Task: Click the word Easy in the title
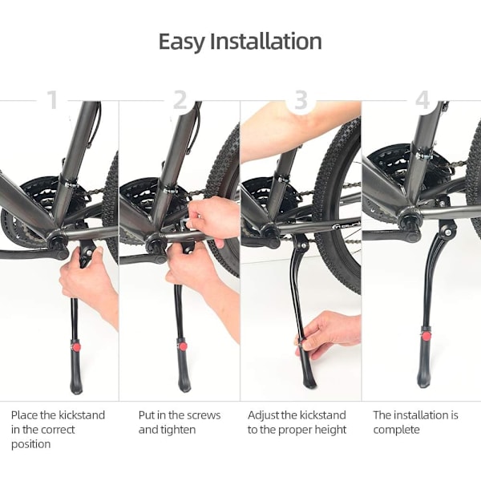click(182, 42)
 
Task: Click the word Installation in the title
click(266, 41)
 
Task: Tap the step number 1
click(54, 99)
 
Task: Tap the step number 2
click(180, 99)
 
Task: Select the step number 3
click(301, 99)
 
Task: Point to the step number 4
click(422, 99)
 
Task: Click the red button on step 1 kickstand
click(76, 347)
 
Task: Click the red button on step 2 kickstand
click(183, 346)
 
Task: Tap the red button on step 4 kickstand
click(426, 336)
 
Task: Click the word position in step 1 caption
click(31, 444)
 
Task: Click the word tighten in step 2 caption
click(178, 430)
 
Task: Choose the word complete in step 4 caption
click(396, 430)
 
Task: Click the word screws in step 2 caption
click(204, 415)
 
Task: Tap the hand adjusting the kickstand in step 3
click(328, 334)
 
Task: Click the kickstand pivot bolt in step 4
click(448, 232)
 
